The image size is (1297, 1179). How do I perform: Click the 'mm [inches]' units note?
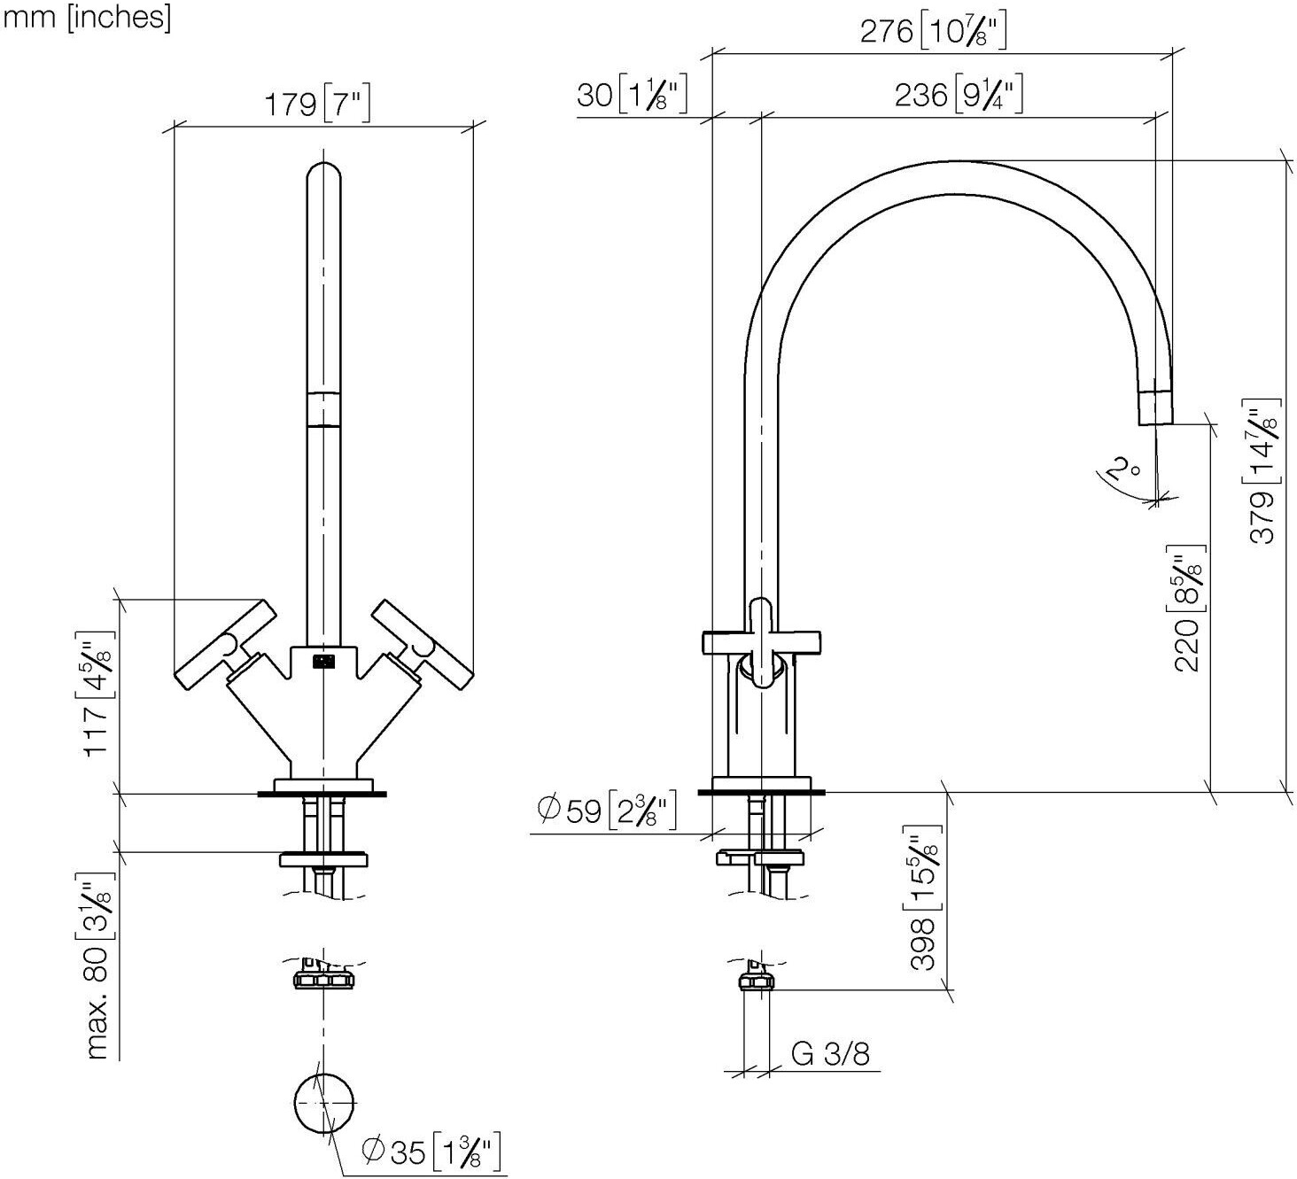[87, 18]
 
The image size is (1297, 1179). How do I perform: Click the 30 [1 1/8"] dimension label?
[632, 96]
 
